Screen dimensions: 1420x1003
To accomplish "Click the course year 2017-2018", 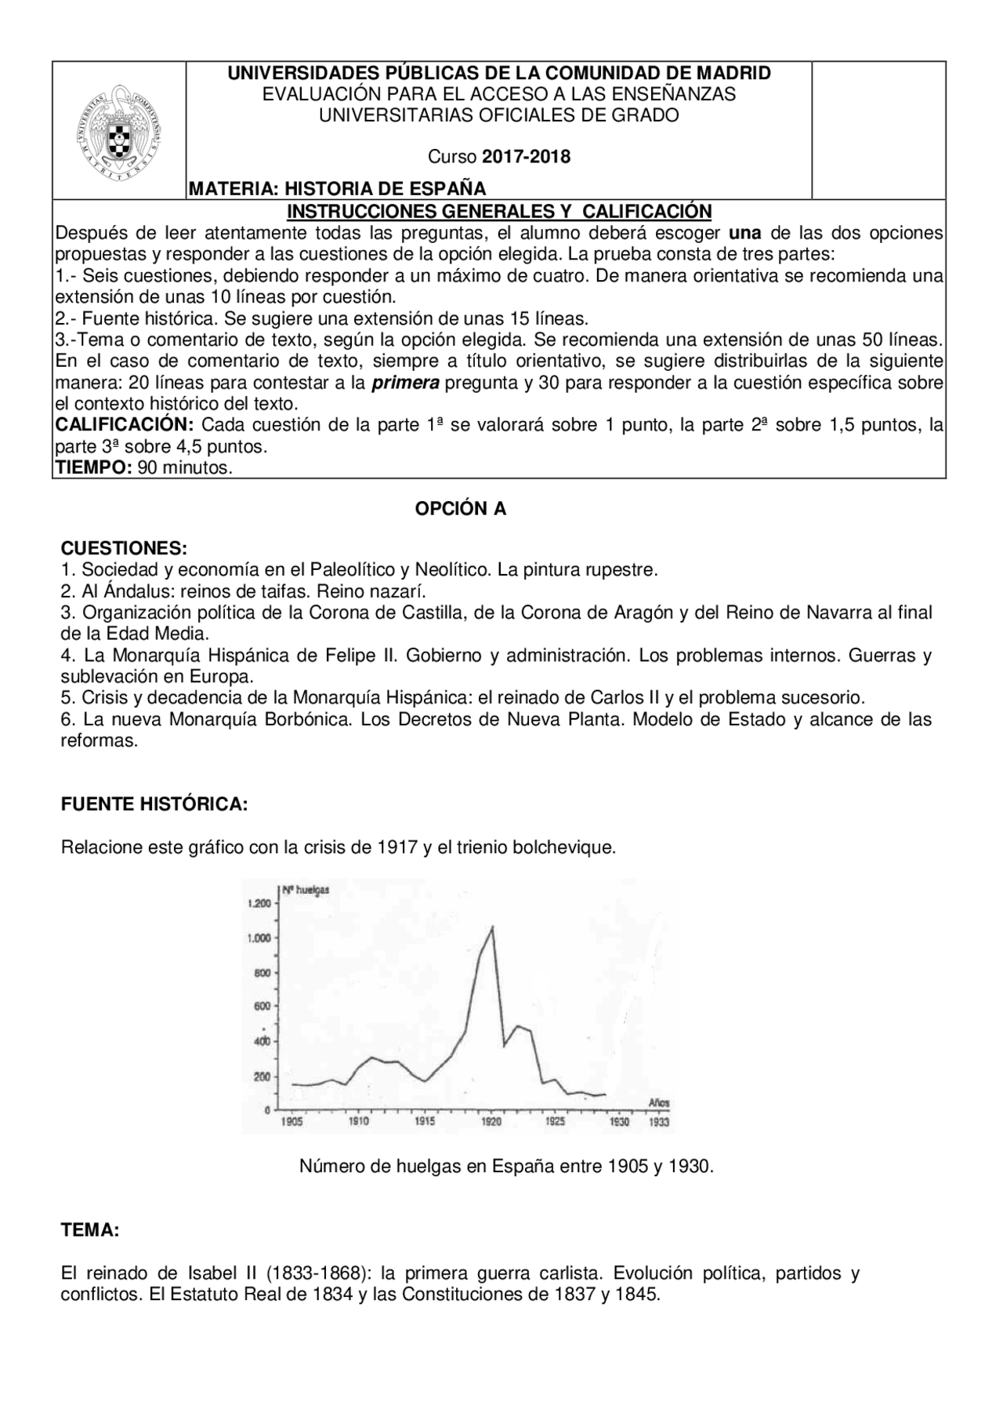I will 526,156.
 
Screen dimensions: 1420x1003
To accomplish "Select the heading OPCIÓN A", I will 461,509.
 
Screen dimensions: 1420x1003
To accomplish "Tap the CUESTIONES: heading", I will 124,547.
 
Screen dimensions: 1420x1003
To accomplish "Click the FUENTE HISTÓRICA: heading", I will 154,804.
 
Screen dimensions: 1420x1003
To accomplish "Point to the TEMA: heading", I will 90,1230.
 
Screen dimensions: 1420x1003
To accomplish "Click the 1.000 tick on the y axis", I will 259,938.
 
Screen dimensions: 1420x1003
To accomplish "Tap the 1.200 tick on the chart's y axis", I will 259,903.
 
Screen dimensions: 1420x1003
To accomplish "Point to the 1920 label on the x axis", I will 491,1122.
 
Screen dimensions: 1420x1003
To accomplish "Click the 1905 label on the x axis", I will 291,1122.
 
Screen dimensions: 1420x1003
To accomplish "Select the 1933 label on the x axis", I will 659,1122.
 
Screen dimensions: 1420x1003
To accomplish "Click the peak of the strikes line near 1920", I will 491,928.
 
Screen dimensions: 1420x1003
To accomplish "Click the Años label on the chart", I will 658,1102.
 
